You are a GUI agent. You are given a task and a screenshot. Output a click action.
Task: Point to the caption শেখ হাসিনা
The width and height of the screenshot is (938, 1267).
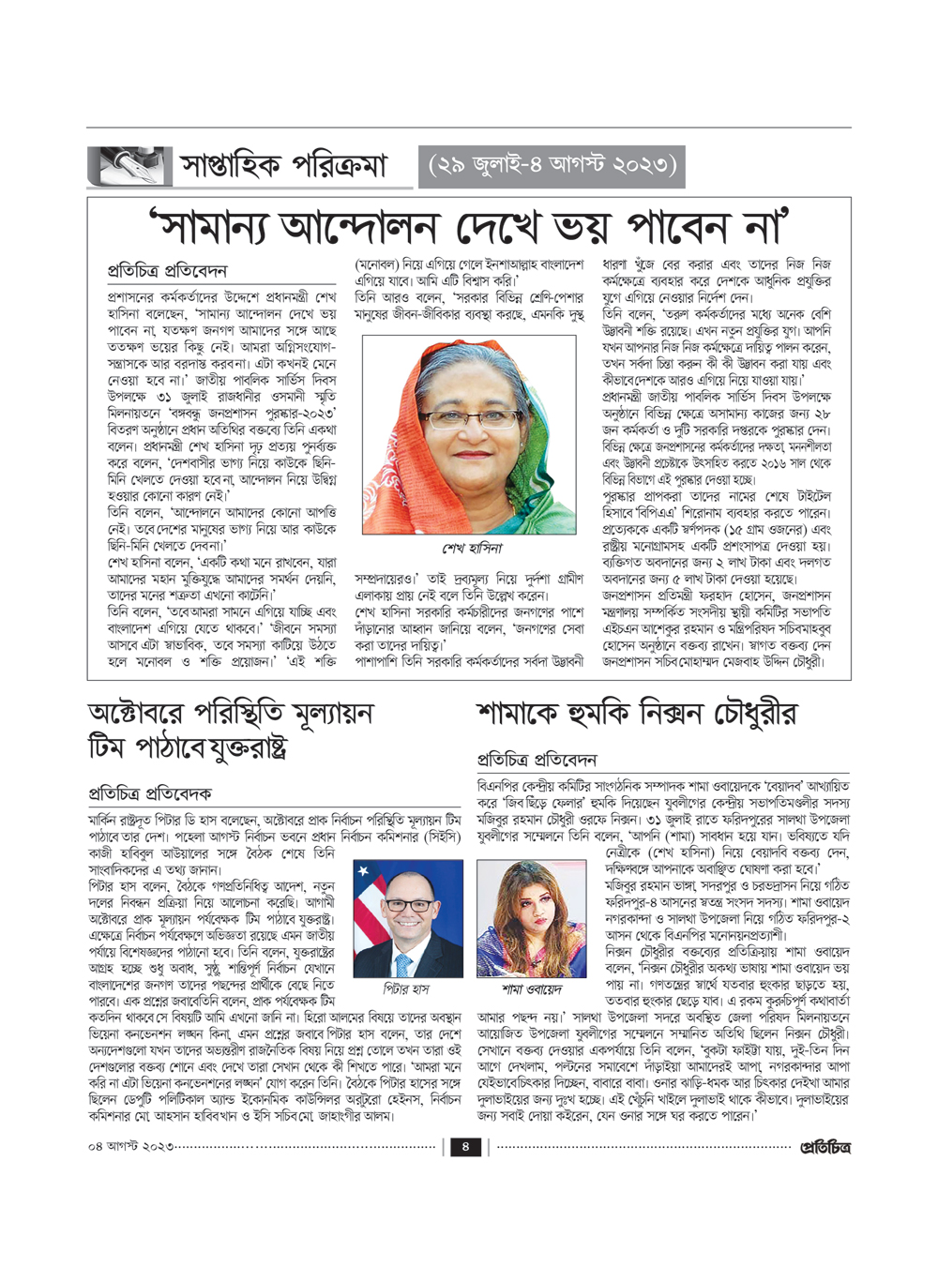click(472, 548)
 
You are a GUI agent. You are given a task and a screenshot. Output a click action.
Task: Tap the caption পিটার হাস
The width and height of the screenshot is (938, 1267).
click(406, 988)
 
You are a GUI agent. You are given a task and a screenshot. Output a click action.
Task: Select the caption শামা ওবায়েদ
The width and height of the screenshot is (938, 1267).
click(532, 989)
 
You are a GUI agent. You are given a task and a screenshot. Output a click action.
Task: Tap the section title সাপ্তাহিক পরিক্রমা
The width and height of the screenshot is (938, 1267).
click(283, 167)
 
